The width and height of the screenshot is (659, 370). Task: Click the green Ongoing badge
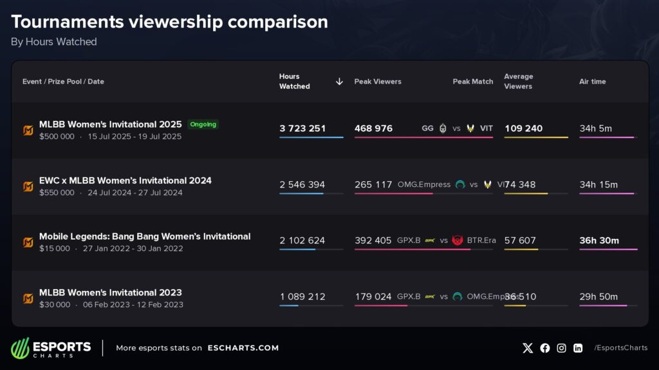[x=203, y=124]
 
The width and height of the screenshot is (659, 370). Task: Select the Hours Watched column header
[x=294, y=82]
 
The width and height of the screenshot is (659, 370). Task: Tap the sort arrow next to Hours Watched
[x=339, y=82]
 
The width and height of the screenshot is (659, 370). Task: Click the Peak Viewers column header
[x=378, y=82]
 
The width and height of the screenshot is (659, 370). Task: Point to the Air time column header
[x=592, y=82]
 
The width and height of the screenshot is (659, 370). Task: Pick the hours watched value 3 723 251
[x=302, y=128]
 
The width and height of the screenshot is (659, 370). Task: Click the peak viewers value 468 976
[x=373, y=128]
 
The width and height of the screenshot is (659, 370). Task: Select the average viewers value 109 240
[x=523, y=128]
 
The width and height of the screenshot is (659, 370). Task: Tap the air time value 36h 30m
[x=599, y=240]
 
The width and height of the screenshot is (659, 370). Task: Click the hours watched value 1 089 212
[x=302, y=297]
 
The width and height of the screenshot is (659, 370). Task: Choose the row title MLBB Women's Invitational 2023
[x=111, y=292]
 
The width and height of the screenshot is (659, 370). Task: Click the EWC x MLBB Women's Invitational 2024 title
[x=125, y=181]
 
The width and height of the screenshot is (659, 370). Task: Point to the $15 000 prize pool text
[x=55, y=249]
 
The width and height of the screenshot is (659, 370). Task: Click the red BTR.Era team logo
[x=458, y=240]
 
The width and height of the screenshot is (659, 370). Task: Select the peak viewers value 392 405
[x=373, y=240]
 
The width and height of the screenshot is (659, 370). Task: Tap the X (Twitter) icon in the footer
[x=528, y=348]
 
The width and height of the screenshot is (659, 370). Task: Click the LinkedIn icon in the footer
[x=578, y=348]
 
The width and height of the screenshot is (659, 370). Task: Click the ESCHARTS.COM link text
[x=243, y=348]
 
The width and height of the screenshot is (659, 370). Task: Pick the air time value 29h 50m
[x=599, y=297]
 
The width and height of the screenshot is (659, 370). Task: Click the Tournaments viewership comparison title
[x=169, y=22]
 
